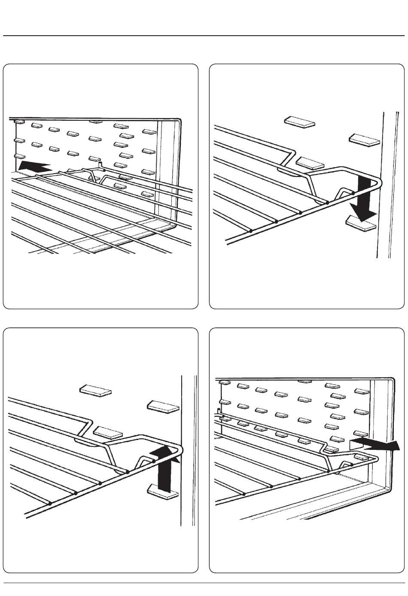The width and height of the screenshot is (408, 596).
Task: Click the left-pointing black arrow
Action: (x=34, y=166)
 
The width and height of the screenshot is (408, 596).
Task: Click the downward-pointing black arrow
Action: (x=364, y=200)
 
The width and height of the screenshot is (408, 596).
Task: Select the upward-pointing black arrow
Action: (x=165, y=468)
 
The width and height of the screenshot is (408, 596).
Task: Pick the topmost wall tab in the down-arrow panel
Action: (x=299, y=122)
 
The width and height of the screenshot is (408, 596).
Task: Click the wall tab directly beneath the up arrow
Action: (x=162, y=492)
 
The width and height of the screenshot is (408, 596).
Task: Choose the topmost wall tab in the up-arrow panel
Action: (x=95, y=390)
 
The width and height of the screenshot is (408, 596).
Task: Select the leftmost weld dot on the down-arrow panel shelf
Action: (x=250, y=231)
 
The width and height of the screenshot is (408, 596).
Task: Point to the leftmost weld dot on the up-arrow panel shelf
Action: (x=50, y=503)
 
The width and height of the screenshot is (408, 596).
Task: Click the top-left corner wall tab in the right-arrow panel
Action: (x=223, y=382)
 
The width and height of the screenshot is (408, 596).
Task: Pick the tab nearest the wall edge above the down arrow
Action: (x=364, y=140)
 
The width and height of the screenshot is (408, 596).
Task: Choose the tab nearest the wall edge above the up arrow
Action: (x=163, y=407)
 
